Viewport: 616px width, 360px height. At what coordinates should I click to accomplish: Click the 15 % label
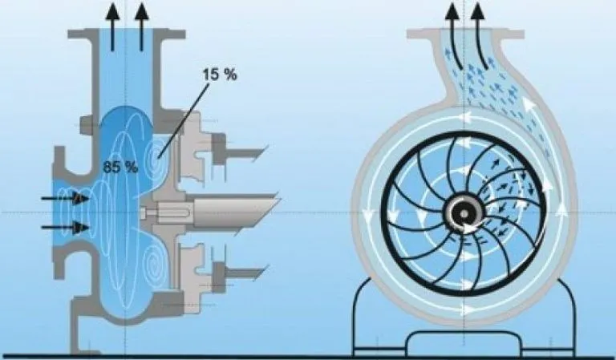[x=220, y=75]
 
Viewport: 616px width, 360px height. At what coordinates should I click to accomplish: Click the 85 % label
[x=120, y=168]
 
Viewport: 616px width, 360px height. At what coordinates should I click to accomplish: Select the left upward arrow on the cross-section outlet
[x=112, y=26]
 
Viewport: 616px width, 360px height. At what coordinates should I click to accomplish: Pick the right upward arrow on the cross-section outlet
[x=142, y=26]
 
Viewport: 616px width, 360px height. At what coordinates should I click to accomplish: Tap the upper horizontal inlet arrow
[x=65, y=199]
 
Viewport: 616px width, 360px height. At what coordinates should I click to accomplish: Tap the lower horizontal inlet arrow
[x=65, y=227]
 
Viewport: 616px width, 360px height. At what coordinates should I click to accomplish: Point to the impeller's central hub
[x=464, y=213]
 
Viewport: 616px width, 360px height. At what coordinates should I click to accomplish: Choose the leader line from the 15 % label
[x=184, y=120]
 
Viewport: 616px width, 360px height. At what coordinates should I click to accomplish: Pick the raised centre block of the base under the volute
[x=464, y=341]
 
